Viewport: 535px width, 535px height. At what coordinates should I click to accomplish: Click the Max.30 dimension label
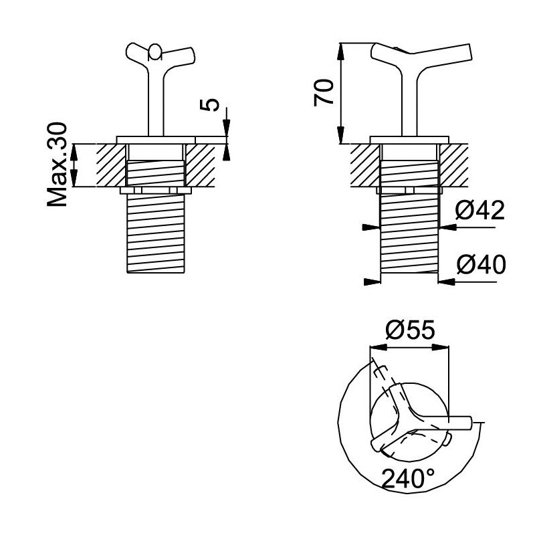pyautogui.click(x=58, y=165)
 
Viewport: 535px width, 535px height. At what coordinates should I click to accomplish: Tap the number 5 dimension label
pyautogui.click(x=209, y=105)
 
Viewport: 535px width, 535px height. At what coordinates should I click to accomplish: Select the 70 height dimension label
pyautogui.click(x=324, y=92)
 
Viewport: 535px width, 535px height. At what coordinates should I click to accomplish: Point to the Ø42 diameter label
pyautogui.click(x=479, y=210)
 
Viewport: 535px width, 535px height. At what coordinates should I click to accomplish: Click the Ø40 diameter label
pyautogui.click(x=481, y=264)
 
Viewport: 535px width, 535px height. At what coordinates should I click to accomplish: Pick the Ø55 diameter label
pyautogui.click(x=410, y=330)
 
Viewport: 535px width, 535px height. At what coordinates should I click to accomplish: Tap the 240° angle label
pyautogui.click(x=408, y=479)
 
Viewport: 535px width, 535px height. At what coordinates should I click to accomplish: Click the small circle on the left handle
pyautogui.click(x=155, y=51)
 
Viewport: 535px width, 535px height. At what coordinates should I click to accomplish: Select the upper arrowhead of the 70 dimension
pyautogui.click(x=340, y=52)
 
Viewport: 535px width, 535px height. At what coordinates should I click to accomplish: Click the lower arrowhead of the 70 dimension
pyautogui.click(x=340, y=135)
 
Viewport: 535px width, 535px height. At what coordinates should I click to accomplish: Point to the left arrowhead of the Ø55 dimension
pyautogui.click(x=379, y=347)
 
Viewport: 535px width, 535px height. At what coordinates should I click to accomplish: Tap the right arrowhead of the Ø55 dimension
pyautogui.click(x=440, y=347)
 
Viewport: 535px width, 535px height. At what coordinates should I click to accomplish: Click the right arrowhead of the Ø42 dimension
pyautogui.click(x=448, y=227)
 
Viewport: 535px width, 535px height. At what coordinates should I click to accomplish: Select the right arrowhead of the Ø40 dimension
pyautogui.click(x=447, y=282)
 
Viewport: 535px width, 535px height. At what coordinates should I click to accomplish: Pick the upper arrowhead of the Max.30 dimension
pyautogui.click(x=74, y=152)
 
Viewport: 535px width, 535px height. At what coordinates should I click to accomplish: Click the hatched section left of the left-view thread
pyautogui.click(x=111, y=165)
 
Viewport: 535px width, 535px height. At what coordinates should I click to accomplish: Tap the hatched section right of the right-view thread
pyautogui.click(x=454, y=165)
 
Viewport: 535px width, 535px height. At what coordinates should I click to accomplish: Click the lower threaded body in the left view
pyautogui.click(x=156, y=233)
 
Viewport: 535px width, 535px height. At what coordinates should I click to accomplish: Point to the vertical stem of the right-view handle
pyautogui.click(x=409, y=102)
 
